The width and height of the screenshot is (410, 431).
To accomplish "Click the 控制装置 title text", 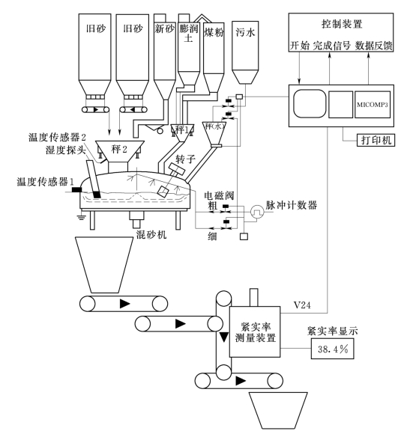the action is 342,24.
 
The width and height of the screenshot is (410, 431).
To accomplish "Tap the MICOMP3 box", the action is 373,105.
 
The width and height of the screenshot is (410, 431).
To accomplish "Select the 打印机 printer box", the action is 376,140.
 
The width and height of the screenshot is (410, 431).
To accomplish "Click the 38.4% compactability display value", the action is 333,349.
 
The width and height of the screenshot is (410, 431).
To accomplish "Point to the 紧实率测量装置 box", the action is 255,331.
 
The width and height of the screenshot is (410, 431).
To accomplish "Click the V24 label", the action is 302,305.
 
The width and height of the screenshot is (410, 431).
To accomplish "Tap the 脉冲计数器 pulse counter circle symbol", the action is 257,212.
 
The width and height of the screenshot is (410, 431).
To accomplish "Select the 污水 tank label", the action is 245,32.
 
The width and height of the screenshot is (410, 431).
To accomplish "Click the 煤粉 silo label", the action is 214,32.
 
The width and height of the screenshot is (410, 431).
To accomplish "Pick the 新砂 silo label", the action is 164,28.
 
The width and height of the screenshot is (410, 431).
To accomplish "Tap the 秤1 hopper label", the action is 182,129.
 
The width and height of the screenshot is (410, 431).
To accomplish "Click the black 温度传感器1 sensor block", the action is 77,189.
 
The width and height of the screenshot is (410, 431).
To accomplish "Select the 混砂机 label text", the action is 151,234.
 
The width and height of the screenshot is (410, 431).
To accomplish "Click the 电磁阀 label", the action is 219,196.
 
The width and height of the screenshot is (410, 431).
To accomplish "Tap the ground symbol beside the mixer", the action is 81,217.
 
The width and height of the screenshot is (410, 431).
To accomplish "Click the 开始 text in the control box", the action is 300,46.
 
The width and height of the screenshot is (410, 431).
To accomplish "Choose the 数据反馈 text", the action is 373,46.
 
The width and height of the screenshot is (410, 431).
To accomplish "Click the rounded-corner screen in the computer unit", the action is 310,104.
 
